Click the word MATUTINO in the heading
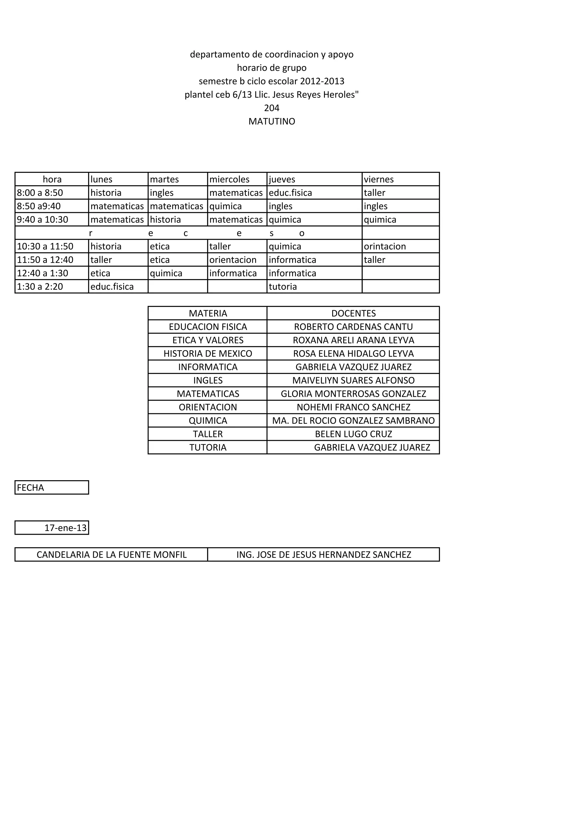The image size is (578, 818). point(272,121)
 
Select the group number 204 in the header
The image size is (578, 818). point(272,108)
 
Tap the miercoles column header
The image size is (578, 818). point(229,179)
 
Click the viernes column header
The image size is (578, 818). point(379,179)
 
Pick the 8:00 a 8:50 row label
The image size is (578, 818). point(40,193)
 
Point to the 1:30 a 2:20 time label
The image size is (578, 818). point(40,286)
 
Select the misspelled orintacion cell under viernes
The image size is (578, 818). point(385,246)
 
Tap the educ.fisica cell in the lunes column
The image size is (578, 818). point(112,286)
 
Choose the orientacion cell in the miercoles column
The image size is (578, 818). point(233,260)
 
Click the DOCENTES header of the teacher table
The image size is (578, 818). point(353,313)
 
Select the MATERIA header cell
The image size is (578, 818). point(208,313)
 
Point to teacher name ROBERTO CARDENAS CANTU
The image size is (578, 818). point(353,327)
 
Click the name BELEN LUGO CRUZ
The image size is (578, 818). point(353,434)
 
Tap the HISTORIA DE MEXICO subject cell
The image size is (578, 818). point(208,353)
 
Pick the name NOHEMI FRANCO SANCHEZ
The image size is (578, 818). point(353,407)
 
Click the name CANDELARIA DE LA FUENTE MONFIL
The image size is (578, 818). point(111,554)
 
